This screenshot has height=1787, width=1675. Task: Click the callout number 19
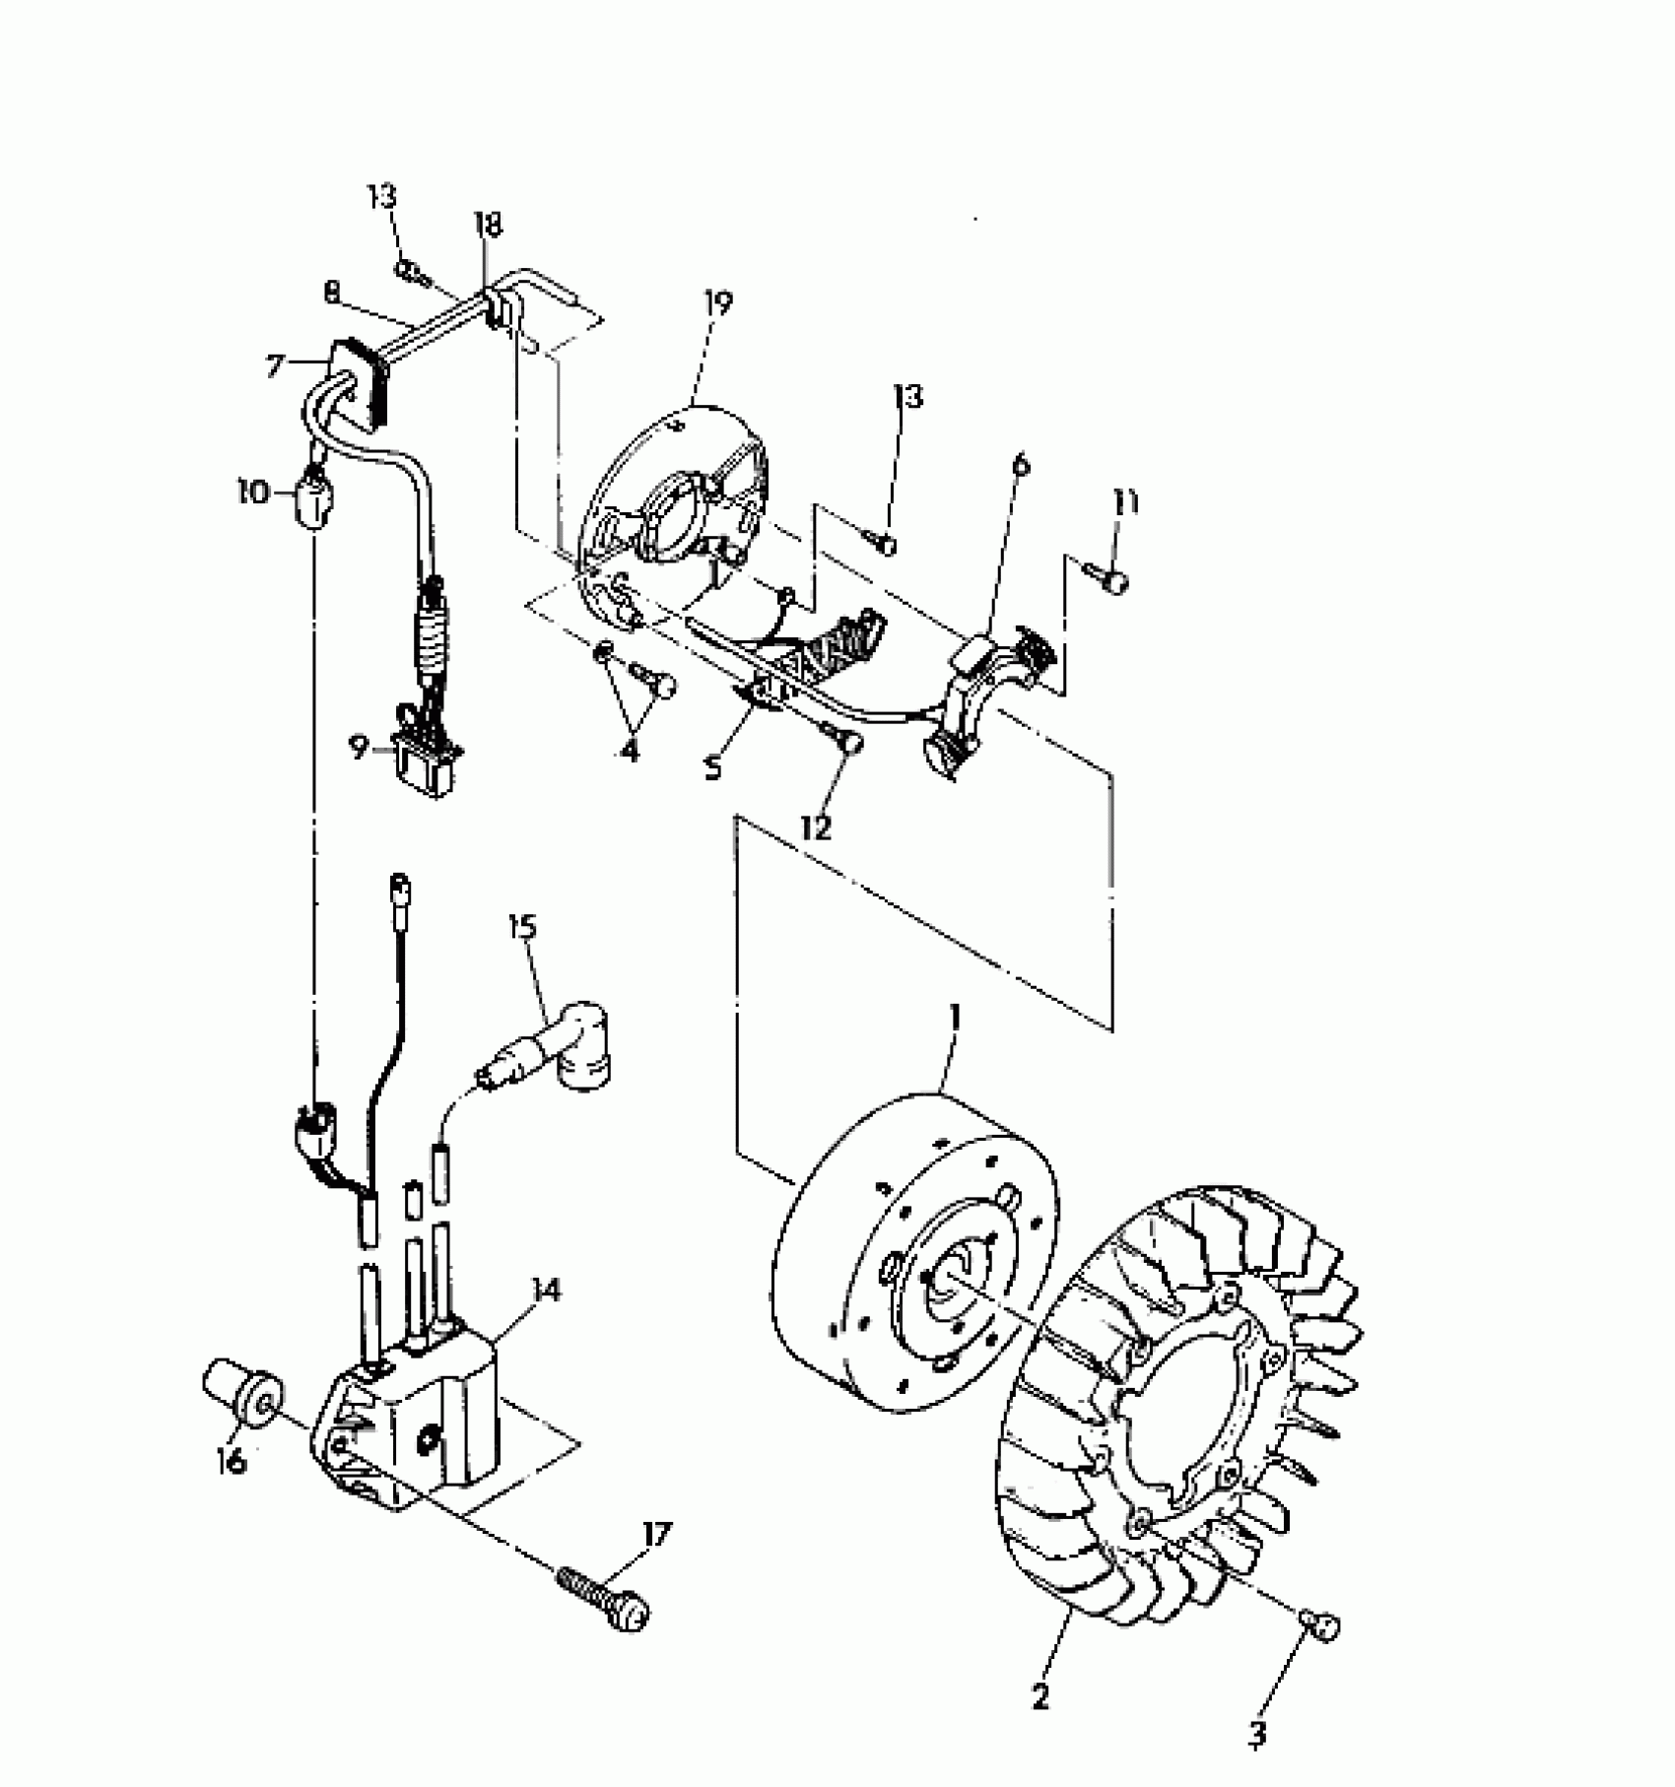tap(717, 304)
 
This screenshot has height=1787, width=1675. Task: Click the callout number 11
tap(1126, 503)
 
